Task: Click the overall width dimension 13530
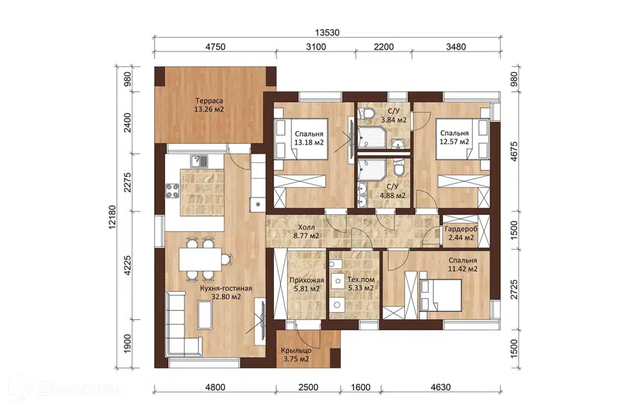click(327, 33)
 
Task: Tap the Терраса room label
click(209, 101)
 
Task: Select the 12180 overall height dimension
click(112, 217)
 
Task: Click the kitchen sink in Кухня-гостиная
click(199, 161)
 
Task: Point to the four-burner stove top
click(173, 191)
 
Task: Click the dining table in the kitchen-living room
click(200, 259)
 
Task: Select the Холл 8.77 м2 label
click(306, 231)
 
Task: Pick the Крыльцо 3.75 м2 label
click(296, 354)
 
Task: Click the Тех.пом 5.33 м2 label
click(361, 283)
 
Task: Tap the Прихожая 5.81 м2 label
click(306, 284)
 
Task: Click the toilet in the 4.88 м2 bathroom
click(398, 168)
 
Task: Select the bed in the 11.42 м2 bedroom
click(440, 295)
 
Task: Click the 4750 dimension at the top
click(215, 47)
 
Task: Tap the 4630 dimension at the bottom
click(441, 387)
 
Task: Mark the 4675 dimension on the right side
click(514, 152)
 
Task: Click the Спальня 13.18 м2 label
click(309, 138)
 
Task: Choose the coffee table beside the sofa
click(205, 315)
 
